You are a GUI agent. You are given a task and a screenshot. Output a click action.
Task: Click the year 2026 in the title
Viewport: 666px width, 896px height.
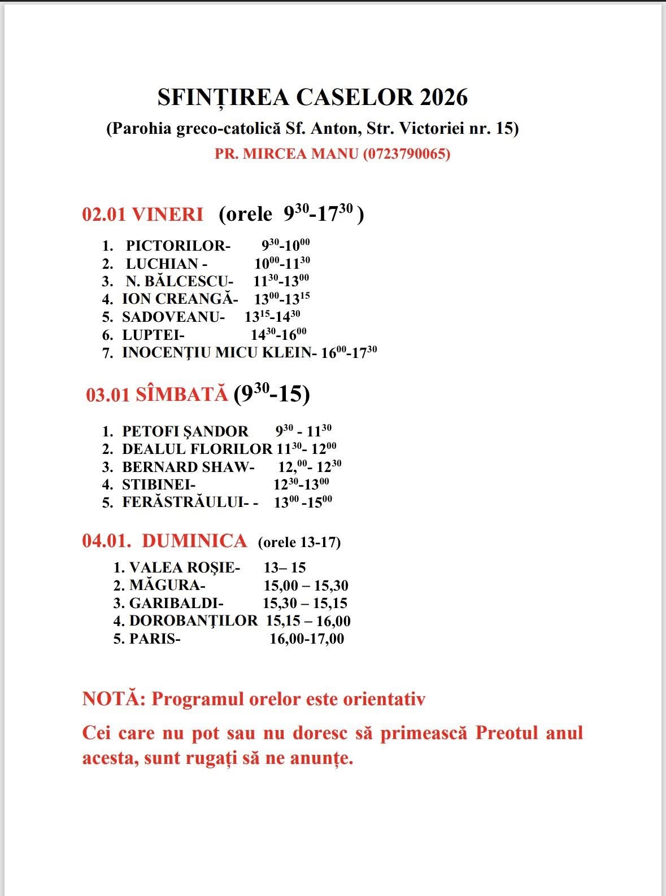(x=443, y=98)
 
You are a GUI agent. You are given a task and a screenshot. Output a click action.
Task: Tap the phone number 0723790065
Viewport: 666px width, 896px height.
(x=406, y=154)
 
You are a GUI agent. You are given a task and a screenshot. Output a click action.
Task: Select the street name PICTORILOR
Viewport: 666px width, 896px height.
(x=176, y=246)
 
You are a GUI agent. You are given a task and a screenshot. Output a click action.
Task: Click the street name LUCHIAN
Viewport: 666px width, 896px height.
(x=162, y=264)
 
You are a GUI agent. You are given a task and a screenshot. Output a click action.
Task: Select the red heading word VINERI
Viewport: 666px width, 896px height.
(x=167, y=215)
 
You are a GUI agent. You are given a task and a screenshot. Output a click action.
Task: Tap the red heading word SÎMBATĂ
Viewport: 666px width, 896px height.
(x=182, y=395)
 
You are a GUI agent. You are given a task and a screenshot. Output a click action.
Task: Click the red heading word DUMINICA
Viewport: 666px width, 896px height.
(x=194, y=541)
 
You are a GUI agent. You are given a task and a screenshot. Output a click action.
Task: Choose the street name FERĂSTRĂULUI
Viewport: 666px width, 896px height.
(x=182, y=502)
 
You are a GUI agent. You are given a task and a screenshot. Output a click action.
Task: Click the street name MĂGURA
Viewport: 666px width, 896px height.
(x=164, y=585)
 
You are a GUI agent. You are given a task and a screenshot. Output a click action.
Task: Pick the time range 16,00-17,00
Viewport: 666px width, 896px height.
(x=307, y=639)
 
